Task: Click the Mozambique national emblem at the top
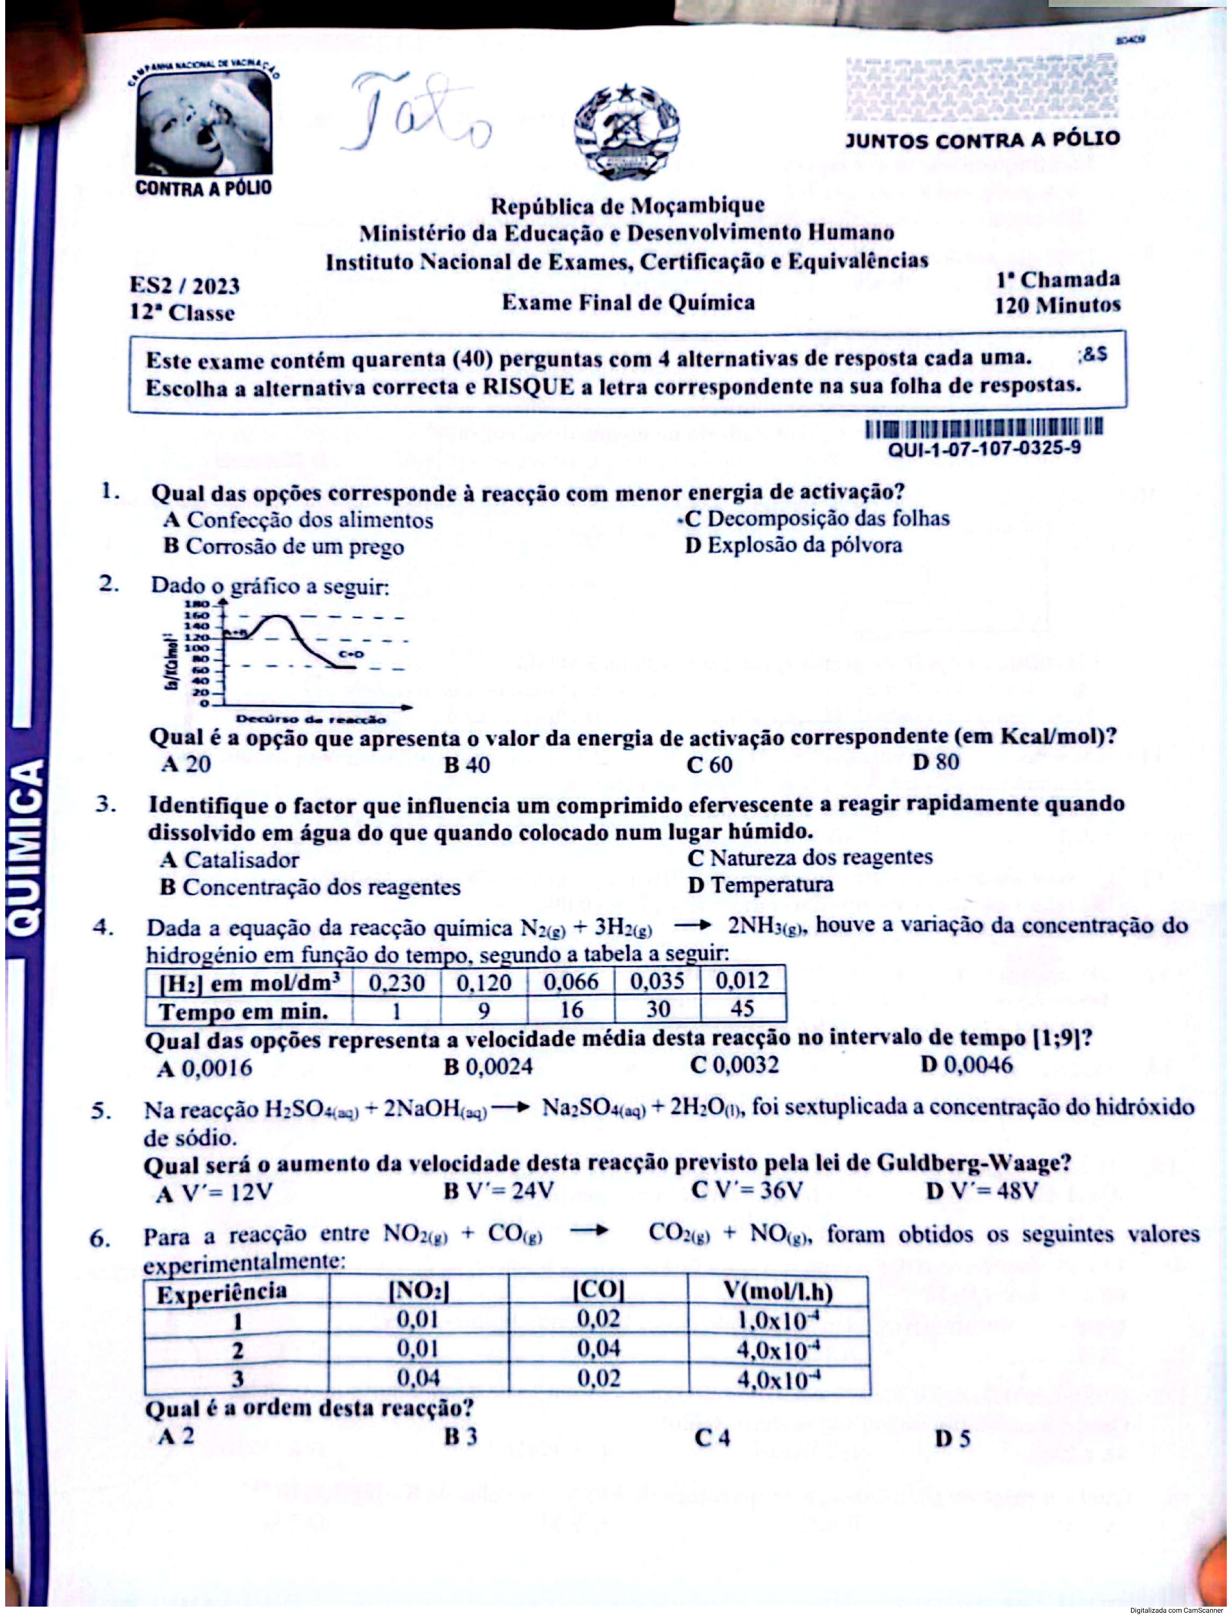click(626, 132)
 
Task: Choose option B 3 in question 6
click(461, 1436)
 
